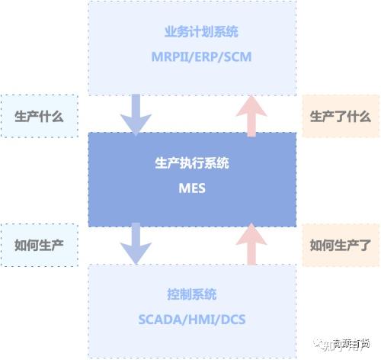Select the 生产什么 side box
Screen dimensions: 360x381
tap(39, 116)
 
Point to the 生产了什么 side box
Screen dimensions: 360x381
tap(340, 116)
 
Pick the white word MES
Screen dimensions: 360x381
tap(192, 186)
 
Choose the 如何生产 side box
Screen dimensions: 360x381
tap(39, 245)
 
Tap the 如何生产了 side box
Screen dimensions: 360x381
tap(340, 245)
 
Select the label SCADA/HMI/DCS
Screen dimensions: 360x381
tap(192, 317)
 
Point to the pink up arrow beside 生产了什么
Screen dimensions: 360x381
tap(251, 114)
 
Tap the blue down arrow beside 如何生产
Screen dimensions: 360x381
tap(136, 243)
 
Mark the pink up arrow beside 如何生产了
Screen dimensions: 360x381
tap(251, 243)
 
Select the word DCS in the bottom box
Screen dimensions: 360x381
tap(232, 317)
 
